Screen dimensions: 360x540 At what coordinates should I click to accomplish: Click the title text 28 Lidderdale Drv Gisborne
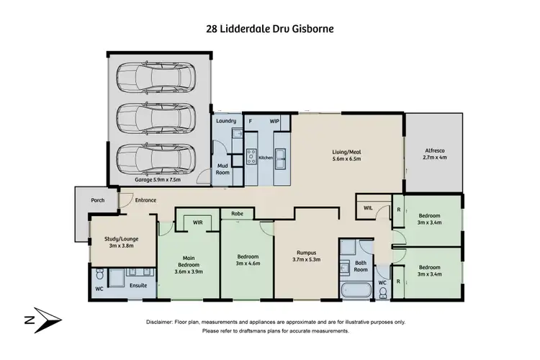269,30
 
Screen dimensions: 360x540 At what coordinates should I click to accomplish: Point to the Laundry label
226,121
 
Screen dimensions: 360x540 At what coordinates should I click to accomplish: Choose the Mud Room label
223,169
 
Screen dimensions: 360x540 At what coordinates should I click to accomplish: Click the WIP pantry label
274,121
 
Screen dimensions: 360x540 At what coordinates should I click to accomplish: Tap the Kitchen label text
265,157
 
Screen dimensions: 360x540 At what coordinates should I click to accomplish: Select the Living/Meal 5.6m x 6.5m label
346,156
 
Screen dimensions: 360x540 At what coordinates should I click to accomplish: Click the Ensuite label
139,286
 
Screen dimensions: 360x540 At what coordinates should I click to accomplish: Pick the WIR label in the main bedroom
197,222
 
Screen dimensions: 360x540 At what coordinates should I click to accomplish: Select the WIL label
367,209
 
